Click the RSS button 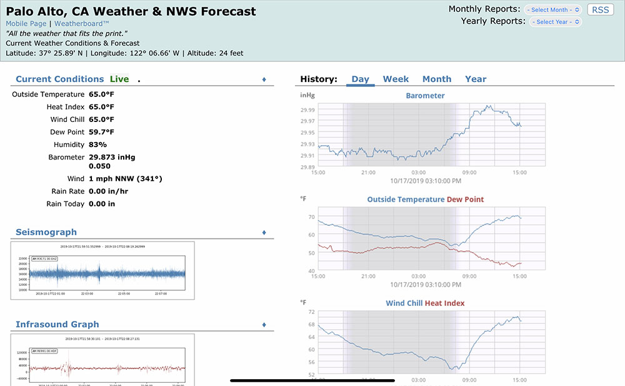(600, 9)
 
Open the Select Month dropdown (553, 10)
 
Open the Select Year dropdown (555, 22)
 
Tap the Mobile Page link (26, 24)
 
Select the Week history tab (396, 79)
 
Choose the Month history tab (437, 79)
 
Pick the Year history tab (476, 79)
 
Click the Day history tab (361, 79)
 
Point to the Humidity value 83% (97, 145)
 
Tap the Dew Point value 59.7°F (101, 132)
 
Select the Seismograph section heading (46, 232)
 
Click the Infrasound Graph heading (57, 324)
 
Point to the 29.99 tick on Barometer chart (307, 109)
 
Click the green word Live (119, 79)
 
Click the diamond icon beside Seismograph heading (264, 233)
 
